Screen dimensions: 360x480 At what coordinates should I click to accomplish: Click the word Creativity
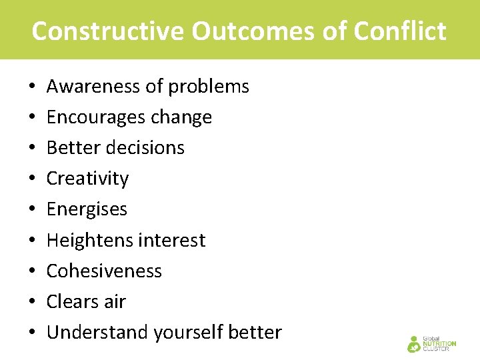pyautogui.click(x=87, y=179)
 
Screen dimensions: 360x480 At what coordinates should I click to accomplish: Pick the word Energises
pyautogui.click(x=87, y=209)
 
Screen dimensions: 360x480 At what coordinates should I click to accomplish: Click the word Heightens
pyautogui.click(x=86, y=240)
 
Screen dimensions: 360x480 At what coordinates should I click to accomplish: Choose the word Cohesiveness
pyautogui.click(x=104, y=271)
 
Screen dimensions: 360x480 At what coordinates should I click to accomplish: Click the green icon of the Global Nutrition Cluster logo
pyautogui.click(x=414, y=344)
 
